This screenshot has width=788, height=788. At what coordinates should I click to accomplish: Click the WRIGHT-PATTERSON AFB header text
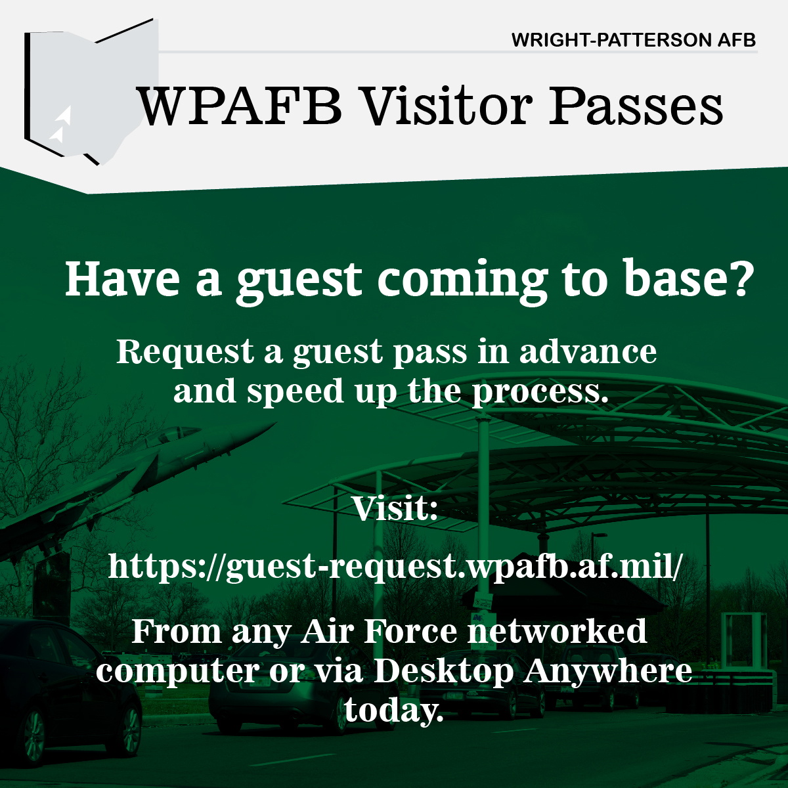pyautogui.click(x=634, y=40)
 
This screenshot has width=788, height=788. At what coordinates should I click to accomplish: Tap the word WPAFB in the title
pyautogui.click(x=240, y=106)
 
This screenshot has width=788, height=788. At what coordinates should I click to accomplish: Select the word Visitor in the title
pyautogui.click(x=448, y=106)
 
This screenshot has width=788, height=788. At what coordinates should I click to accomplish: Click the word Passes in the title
pyautogui.click(x=636, y=106)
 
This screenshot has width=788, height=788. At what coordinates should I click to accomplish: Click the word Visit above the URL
pyautogui.click(x=395, y=508)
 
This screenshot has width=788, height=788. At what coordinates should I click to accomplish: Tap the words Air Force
pyautogui.click(x=379, y=631)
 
